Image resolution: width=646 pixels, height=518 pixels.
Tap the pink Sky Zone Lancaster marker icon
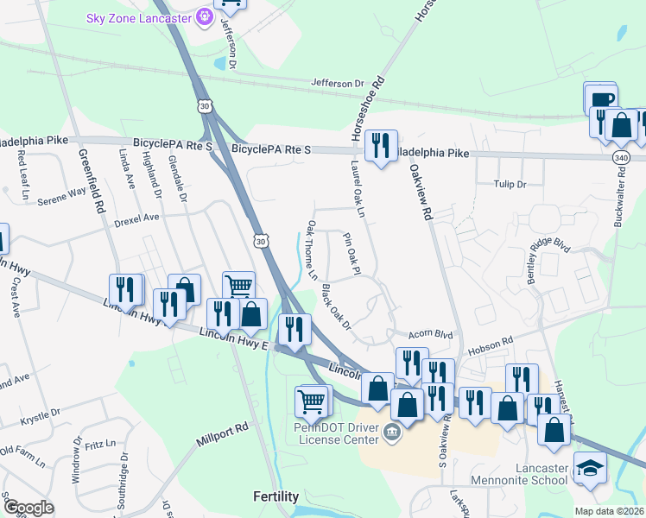[205, 16]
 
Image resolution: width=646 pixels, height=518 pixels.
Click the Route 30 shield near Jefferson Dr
[204, 105]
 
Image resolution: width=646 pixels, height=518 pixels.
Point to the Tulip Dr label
[510, 184]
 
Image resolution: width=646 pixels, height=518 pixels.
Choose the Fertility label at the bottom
[275, 496]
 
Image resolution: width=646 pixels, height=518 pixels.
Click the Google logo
[28, 507]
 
